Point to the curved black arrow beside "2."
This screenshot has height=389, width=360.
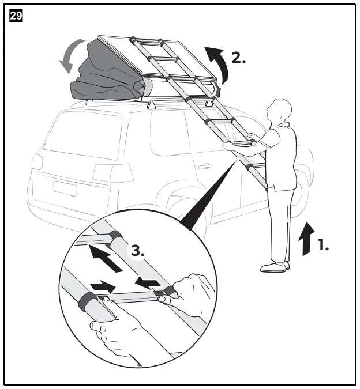pos(217,63)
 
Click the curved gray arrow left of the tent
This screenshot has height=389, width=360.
pos(66,58)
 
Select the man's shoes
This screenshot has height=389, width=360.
pos(275,266)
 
